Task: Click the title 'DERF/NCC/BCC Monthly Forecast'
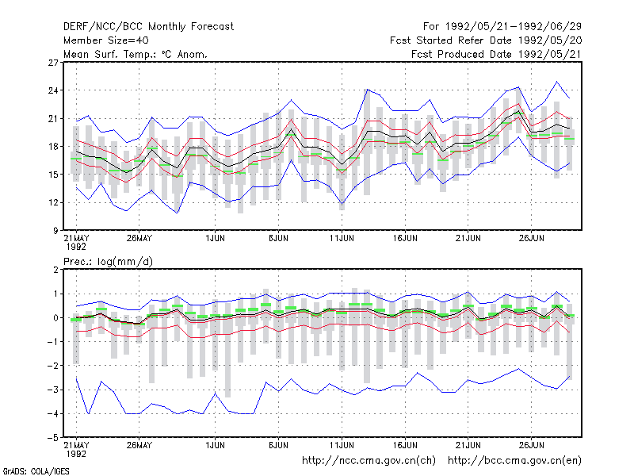coord(148,27)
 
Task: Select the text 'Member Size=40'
coord(106,40)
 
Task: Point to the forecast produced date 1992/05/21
coord(550,54)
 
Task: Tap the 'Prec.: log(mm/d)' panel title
coord(108,262)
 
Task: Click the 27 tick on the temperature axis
coord(53,63)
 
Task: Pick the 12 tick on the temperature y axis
coord(53,202)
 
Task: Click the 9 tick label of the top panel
coord(55,231)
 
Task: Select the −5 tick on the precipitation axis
coord(52,438)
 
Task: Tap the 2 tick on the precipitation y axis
coord(55,270)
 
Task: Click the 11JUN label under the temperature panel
coord(342,239)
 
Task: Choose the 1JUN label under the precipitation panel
coord(215,445)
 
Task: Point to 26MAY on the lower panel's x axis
coord(139,445)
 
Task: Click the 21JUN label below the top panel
coord(468,239)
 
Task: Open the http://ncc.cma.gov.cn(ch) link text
coord(369,461)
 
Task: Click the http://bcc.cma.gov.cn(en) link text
coord(514,461)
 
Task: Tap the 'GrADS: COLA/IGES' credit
coord(36,471)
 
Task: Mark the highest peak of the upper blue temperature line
coord(557,82)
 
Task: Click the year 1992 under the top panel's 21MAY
coord(76,247)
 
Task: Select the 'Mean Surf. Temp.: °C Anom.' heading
coord(136,54)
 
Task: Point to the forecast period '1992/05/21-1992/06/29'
coord(514,27)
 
